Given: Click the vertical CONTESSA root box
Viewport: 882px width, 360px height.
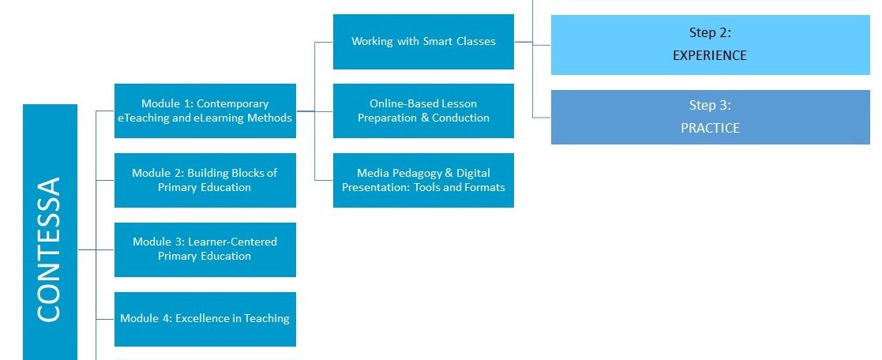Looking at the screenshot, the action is tap(50, 232).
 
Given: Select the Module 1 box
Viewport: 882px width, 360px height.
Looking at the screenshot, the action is tap(205, 111).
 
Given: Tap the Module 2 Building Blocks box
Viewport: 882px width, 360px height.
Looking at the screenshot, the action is tap(205, 180).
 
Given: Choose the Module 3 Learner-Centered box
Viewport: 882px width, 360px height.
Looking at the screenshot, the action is tap(205, 249).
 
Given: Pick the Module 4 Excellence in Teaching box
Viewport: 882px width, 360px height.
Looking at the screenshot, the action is tap(205, 319).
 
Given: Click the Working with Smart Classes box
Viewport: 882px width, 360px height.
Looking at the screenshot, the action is tap(423, 42).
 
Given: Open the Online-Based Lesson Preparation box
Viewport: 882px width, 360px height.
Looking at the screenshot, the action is tap(423, 111).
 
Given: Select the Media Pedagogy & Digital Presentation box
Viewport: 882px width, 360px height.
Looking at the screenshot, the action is tap(423, 180).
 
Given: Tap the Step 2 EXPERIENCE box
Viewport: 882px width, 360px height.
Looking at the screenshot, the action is tap(711, 45).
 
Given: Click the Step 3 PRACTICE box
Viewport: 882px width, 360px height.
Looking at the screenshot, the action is tap(711, 117).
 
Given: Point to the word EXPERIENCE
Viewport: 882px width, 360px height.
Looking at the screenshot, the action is tap(710, 55).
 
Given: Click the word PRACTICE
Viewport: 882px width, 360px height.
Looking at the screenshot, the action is tap(710, 128).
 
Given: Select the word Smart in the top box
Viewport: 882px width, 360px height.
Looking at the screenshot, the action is tap(437, 42).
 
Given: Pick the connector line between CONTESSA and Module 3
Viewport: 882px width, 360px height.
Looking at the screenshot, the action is tap(96, 249).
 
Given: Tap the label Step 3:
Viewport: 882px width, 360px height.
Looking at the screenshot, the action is tap(710, 105).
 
